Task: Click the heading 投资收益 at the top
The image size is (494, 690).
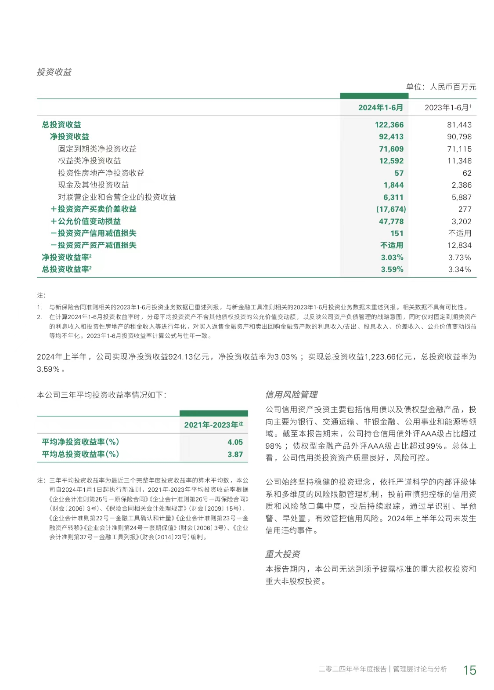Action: coord(54,72)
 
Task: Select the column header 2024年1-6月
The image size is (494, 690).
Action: coord(380,108)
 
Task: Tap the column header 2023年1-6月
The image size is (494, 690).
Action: coord(447,108)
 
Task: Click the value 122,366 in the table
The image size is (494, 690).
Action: coord(389,125)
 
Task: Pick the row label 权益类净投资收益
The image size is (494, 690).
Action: coord(89,161)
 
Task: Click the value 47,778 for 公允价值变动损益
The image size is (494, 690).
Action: coord(391,222)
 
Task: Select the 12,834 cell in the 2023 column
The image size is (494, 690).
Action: coord(459,245)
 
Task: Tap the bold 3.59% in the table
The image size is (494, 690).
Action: coord(392,269)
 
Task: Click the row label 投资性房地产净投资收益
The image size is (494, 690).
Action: coord(101,173)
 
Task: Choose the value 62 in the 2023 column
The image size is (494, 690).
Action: coord(467,173)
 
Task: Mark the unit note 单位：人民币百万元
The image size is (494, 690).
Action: coord(441,87)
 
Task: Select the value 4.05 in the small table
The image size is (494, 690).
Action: coord(235,442)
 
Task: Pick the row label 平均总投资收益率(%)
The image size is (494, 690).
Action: coord(80,454)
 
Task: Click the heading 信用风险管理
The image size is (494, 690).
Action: coord(292,395)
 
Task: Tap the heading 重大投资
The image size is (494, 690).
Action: coord(283,554)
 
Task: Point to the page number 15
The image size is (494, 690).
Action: coord(469,670)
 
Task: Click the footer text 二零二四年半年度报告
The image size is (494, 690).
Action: coord(352,669)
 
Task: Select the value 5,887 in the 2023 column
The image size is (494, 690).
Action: coord(462,197)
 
